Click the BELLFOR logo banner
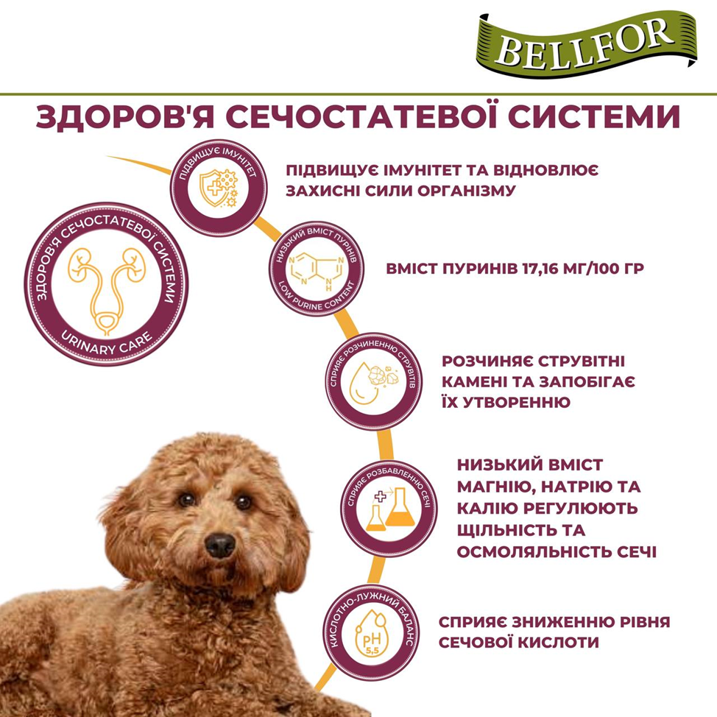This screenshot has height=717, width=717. [586, 44]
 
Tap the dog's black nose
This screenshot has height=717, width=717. [220, 545]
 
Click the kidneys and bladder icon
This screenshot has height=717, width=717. [106, 291]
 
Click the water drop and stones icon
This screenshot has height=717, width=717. [373, 382]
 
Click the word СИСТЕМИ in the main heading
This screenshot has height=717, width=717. [594, 116]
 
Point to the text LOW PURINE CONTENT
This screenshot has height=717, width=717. [317, 298]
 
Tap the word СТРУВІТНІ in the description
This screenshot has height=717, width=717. [581, 361]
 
